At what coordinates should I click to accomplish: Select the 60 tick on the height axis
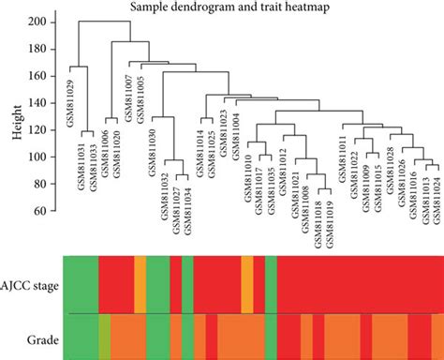click(x=48, y=210)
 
